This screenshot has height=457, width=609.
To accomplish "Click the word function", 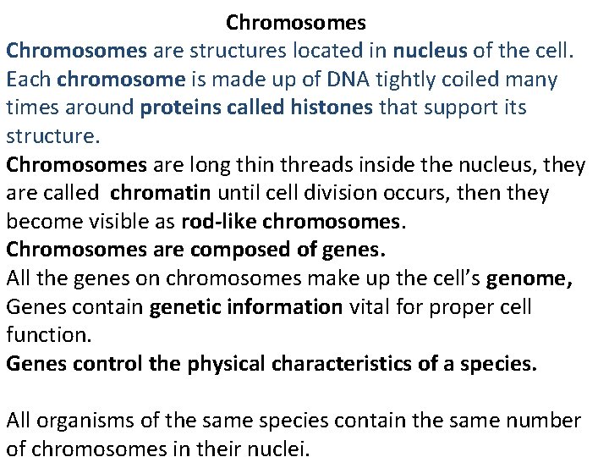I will point(48,335).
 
